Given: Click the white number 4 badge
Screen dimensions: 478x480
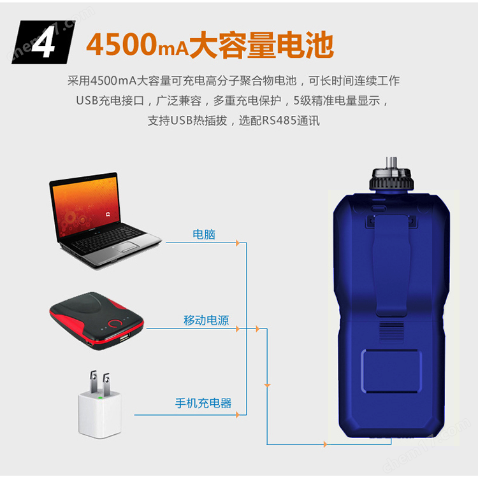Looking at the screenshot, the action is pyautogui.click(x=43, y=42).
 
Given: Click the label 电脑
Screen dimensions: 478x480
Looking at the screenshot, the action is pyautogui.click(x=204, y=234).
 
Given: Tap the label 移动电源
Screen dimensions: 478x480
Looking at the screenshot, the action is pyautogui.click(x=206, y=320).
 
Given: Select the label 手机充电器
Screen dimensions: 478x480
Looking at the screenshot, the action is pyautogui.click(x=203, y=403).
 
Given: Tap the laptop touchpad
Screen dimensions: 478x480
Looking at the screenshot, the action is pyautogui.click(x=128, y=246).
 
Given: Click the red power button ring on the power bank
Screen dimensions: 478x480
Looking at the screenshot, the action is pyautogui.click(x=115, y=323).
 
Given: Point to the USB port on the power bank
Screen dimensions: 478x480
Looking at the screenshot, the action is pyautogui.click(x=124, y=337).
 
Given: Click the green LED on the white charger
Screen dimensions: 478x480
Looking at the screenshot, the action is pyautogui.click(x=100, y=398).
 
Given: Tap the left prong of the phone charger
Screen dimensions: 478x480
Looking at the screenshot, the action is pyautogui.click(x=93, y=381).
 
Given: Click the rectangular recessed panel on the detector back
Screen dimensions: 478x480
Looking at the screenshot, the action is pyautogui.click(x=391, y=371).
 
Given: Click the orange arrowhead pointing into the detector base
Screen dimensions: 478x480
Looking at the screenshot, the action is pyautogui.click(x=325, y=444).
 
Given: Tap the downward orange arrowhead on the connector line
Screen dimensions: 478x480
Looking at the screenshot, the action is pyautogui.click(x=267, y=385).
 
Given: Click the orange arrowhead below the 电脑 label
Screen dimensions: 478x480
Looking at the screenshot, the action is pyautogui.click(x=238, y=243).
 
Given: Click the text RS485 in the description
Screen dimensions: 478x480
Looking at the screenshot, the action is pyautogui.click(x=279, y=120).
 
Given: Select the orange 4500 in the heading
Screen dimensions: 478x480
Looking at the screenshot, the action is pyautogui.click(x=122, y=45).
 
